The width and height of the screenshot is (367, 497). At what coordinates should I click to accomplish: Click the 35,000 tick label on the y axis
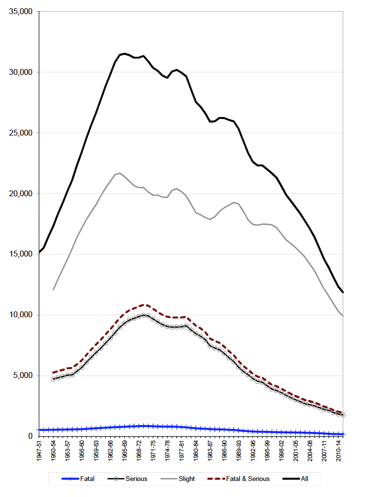[x=20, y=12]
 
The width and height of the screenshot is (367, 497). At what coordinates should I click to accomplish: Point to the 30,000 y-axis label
[x=20, y=72]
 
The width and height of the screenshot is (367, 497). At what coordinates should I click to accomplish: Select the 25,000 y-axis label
[x=20, y=133]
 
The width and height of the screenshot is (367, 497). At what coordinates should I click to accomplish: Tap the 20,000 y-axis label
[x=20, y=194]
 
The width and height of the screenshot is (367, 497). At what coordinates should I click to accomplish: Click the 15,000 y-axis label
[x=20, y=254]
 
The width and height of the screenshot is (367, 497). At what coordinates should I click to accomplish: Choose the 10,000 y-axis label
[x=20, y=315]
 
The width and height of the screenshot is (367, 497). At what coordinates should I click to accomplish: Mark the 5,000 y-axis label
[x=22, y=376]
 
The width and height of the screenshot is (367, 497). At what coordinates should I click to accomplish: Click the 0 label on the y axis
[x=30, y=436]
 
